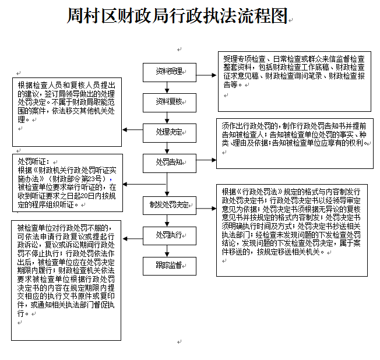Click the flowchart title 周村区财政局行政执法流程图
[x=178, y=16]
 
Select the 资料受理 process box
[x=167, y=72]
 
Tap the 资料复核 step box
[x=167, y=102]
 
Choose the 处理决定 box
[x=167, y=132]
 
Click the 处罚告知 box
[x=167, y=161]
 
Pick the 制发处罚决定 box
[x=167, y=204]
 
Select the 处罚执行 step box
[x=167, y=235]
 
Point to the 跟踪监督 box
[x=167, y=265]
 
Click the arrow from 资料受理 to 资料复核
[x=168, y=87]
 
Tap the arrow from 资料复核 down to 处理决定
[x=168, y=118]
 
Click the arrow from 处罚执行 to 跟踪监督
[x=168, y=250]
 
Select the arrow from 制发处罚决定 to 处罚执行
[x=168, y=220]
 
